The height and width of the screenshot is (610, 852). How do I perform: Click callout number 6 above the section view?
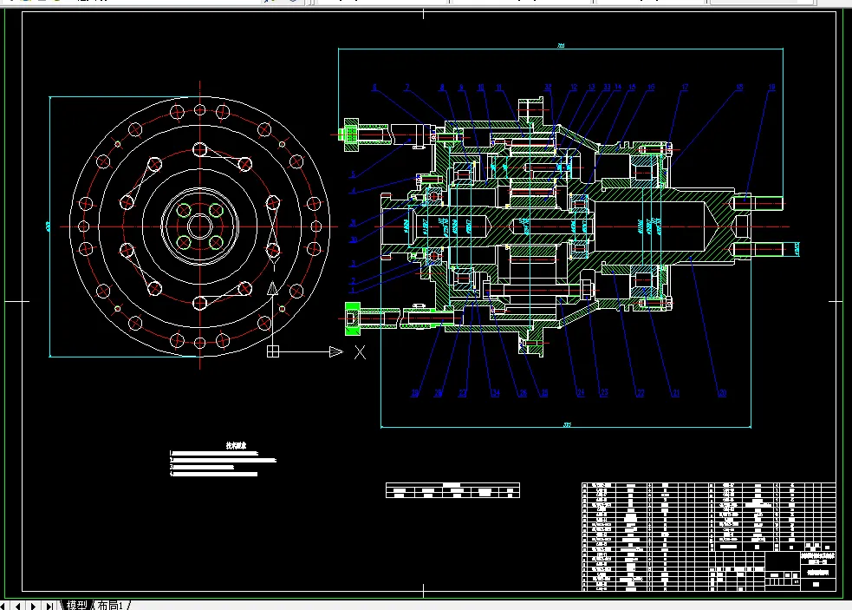[x=374, y=87]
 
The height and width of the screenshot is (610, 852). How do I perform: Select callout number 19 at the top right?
[x=771, y=87]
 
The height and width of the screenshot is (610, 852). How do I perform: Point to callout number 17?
[x=685, y=87]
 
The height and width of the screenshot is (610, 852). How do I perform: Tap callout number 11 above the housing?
[x=498, y=87]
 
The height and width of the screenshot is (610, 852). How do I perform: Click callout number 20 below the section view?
[x=721, y=393]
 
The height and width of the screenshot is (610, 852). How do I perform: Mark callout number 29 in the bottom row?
[x=415, y=393]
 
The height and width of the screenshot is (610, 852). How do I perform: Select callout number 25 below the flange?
[x=523, y=393]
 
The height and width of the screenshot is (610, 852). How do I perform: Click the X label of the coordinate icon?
[x=360, y=352]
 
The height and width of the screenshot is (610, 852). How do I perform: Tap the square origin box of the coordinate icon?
[x=272, y=351]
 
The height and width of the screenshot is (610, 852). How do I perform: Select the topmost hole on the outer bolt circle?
[x=200, y=110]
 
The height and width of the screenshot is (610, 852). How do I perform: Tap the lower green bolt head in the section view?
[x=352, y=317]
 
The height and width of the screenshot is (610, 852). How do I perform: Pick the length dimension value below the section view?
[x=567, y=425]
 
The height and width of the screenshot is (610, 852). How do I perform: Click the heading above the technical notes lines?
[x=237, y=446]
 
